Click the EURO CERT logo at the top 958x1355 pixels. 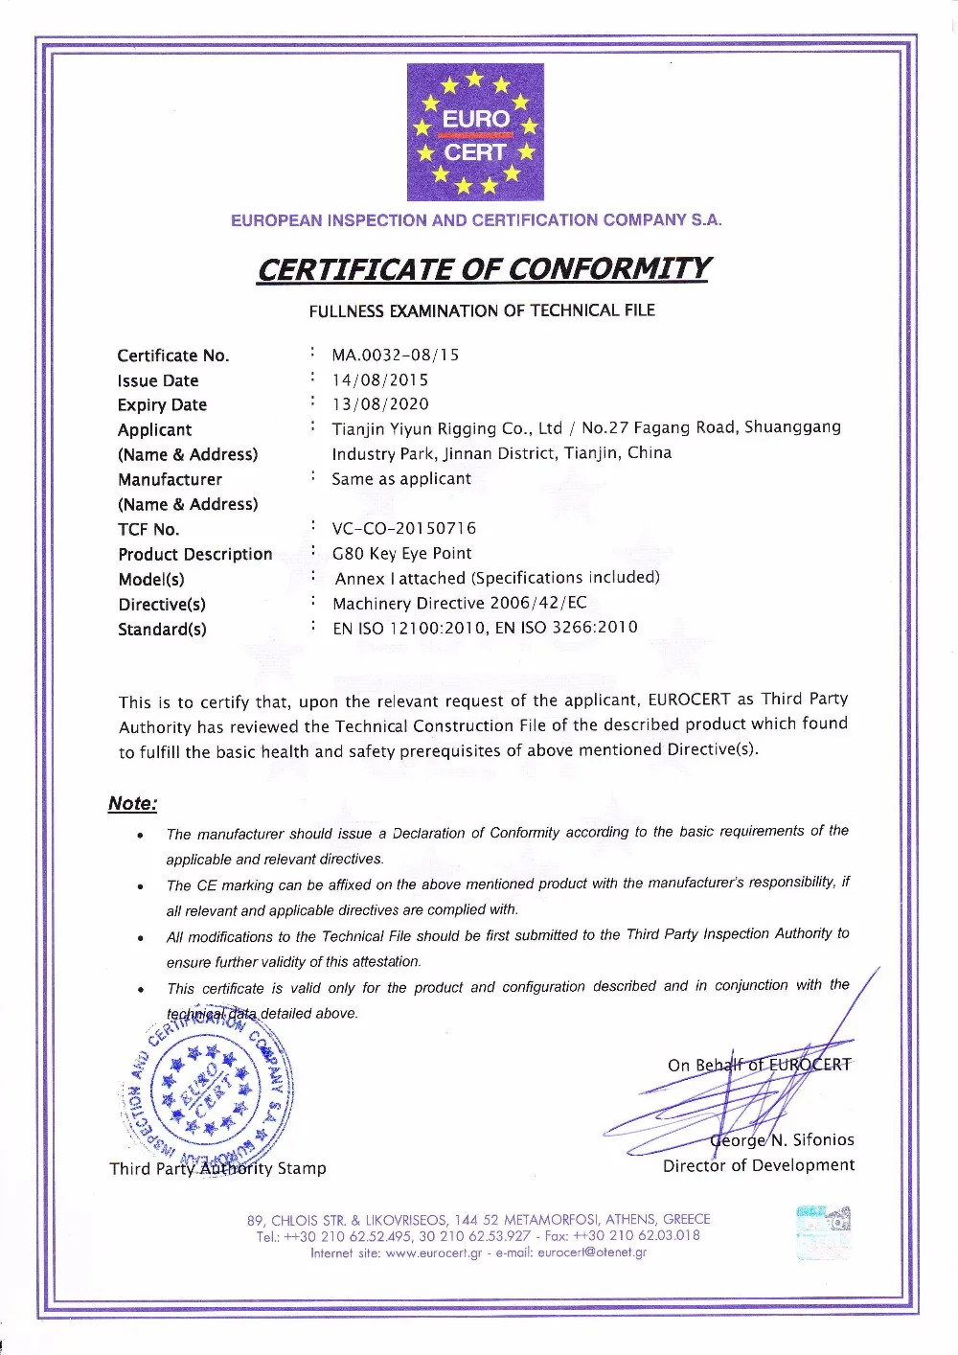pos(475,132)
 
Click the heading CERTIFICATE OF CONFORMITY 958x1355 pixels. pos(483,269)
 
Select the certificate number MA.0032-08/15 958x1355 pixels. pos(396,356)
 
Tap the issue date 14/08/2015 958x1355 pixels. pos(380,380)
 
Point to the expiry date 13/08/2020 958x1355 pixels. pos(380,404)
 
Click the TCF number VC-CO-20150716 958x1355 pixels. pos(403,529)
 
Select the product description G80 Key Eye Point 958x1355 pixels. pos(401,554)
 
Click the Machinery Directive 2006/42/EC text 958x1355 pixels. pos(460,604)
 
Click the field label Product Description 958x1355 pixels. pos(195,555)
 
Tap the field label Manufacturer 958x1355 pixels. pos(170,479)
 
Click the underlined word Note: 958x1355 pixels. pos(132,804)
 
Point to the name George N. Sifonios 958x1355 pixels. pos(782,1140)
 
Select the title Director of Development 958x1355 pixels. pos(758,1165)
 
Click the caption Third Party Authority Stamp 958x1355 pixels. pos(217,1168)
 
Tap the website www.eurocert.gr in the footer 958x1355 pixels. pos(433,1252)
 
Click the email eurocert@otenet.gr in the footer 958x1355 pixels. pos(592,1252)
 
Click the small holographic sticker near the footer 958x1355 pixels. pos(823,1232)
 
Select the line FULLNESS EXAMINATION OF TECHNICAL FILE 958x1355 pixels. pos(482,311)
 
